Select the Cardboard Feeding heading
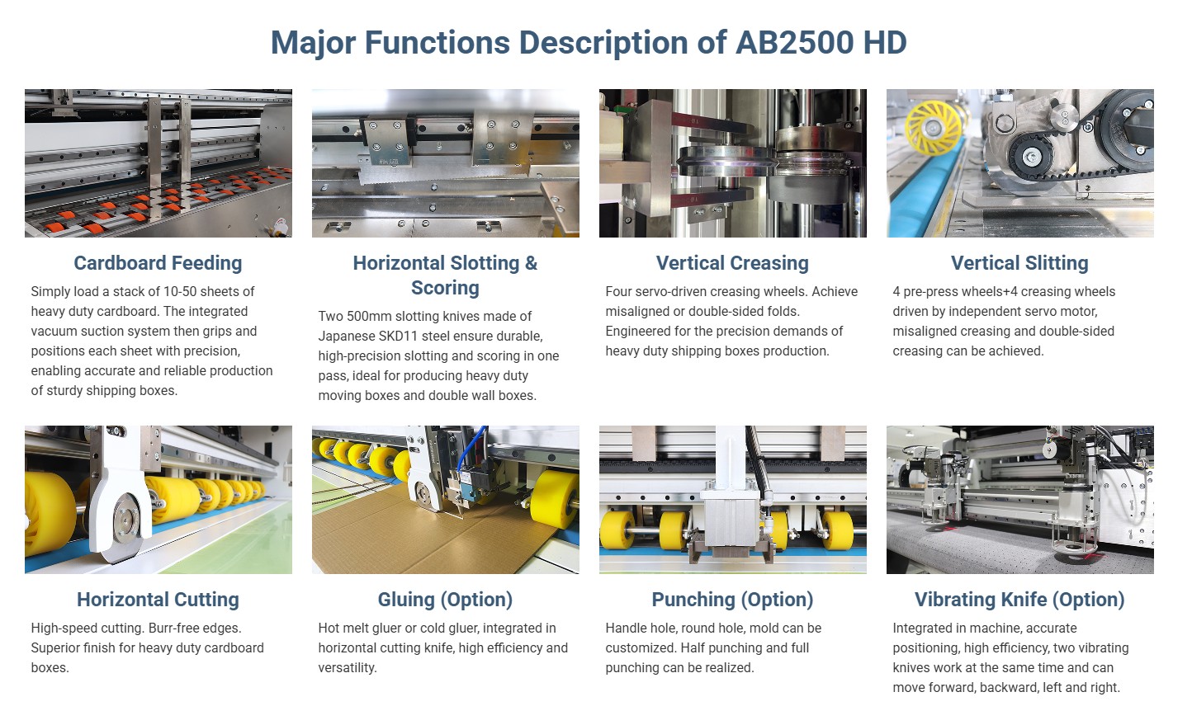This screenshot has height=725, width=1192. (158, 263)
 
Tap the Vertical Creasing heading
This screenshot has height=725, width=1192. (732, 263)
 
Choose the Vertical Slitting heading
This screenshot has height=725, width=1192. (1019, 263)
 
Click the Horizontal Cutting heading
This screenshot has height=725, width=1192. (158, 600)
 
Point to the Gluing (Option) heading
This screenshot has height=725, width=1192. (446, 600)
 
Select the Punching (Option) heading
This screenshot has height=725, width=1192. (733, 600)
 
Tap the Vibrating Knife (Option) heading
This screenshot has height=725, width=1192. (1019, 600)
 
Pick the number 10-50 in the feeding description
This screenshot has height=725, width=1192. (181, 291)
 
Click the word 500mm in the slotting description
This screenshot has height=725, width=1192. (369, 316)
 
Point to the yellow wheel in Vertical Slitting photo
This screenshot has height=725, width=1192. (934, 128)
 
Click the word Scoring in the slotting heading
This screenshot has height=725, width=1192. (446, 288)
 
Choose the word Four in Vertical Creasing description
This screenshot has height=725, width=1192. (618, 291)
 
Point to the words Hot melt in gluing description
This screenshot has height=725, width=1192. (343, 628)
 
